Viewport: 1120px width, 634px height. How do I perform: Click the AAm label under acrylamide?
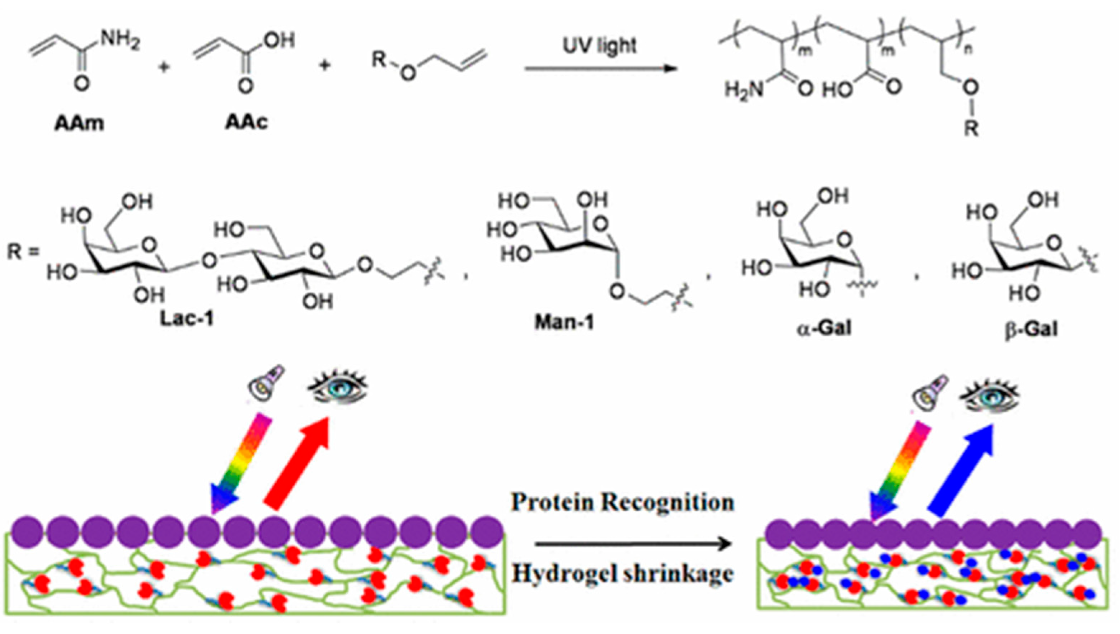click(79, 124)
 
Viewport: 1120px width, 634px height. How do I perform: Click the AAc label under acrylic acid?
click(246, 122)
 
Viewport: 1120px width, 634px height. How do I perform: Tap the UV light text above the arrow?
click(600, 45)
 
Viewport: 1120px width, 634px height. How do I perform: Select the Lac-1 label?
click(187, 319)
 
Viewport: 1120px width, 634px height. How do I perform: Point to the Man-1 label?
click(564, 322)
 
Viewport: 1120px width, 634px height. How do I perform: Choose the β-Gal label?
click(1031, 329)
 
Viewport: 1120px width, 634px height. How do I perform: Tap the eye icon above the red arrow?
click(338, 386)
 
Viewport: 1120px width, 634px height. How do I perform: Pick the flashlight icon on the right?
click(930, 392)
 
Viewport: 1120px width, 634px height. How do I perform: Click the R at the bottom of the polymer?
click(971, 129)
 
